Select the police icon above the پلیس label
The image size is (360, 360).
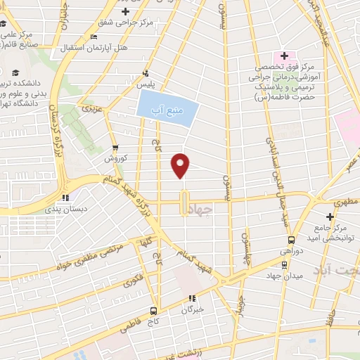pyautogui.click(x=146, y=72)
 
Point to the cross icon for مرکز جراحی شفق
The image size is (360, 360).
pyautogui.click(x=126, y=12)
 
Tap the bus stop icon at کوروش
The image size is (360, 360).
pyautogui.click(x=115, y=148)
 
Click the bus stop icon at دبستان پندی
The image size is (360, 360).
pyautogui.click(x=65, y=198)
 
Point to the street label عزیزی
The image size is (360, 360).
pyautogui.click(x=91, y=109)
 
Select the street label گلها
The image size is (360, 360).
pyautogui.click(x=148, y=242)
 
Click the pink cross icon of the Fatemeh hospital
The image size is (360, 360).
pyautogui.click(x=284, y=56)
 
